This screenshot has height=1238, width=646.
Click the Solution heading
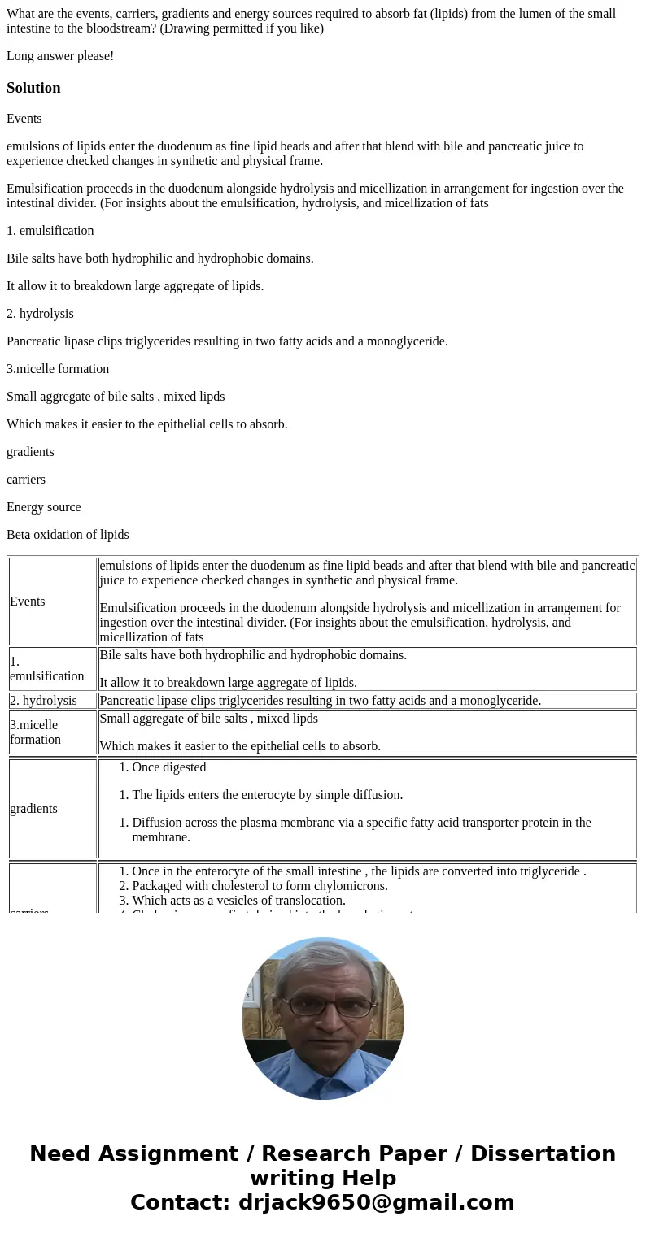click(x=33, y=88)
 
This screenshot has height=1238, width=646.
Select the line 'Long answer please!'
click(x=60, y=56)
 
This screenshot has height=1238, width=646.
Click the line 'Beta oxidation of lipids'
click(x=68, y=535)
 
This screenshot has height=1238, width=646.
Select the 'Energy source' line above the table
click(x=43, y=507)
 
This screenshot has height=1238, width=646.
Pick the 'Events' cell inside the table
click(x=28, y=602)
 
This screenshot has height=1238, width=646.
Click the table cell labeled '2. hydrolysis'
click(x=43, y=701)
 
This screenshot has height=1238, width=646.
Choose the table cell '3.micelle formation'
click(x=35, y=732)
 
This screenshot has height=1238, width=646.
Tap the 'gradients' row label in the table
click(x=33, y=809)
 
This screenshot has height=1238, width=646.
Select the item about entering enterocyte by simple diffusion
click(x=267, y=795)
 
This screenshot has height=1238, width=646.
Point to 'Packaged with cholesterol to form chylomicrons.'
click(x=260, y=886)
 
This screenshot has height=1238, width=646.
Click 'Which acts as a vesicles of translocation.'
click(x=238, y=901)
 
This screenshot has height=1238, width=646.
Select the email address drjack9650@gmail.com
click(x=377, y=1202)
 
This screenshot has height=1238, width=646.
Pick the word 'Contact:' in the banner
click(x=180, y=1202)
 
